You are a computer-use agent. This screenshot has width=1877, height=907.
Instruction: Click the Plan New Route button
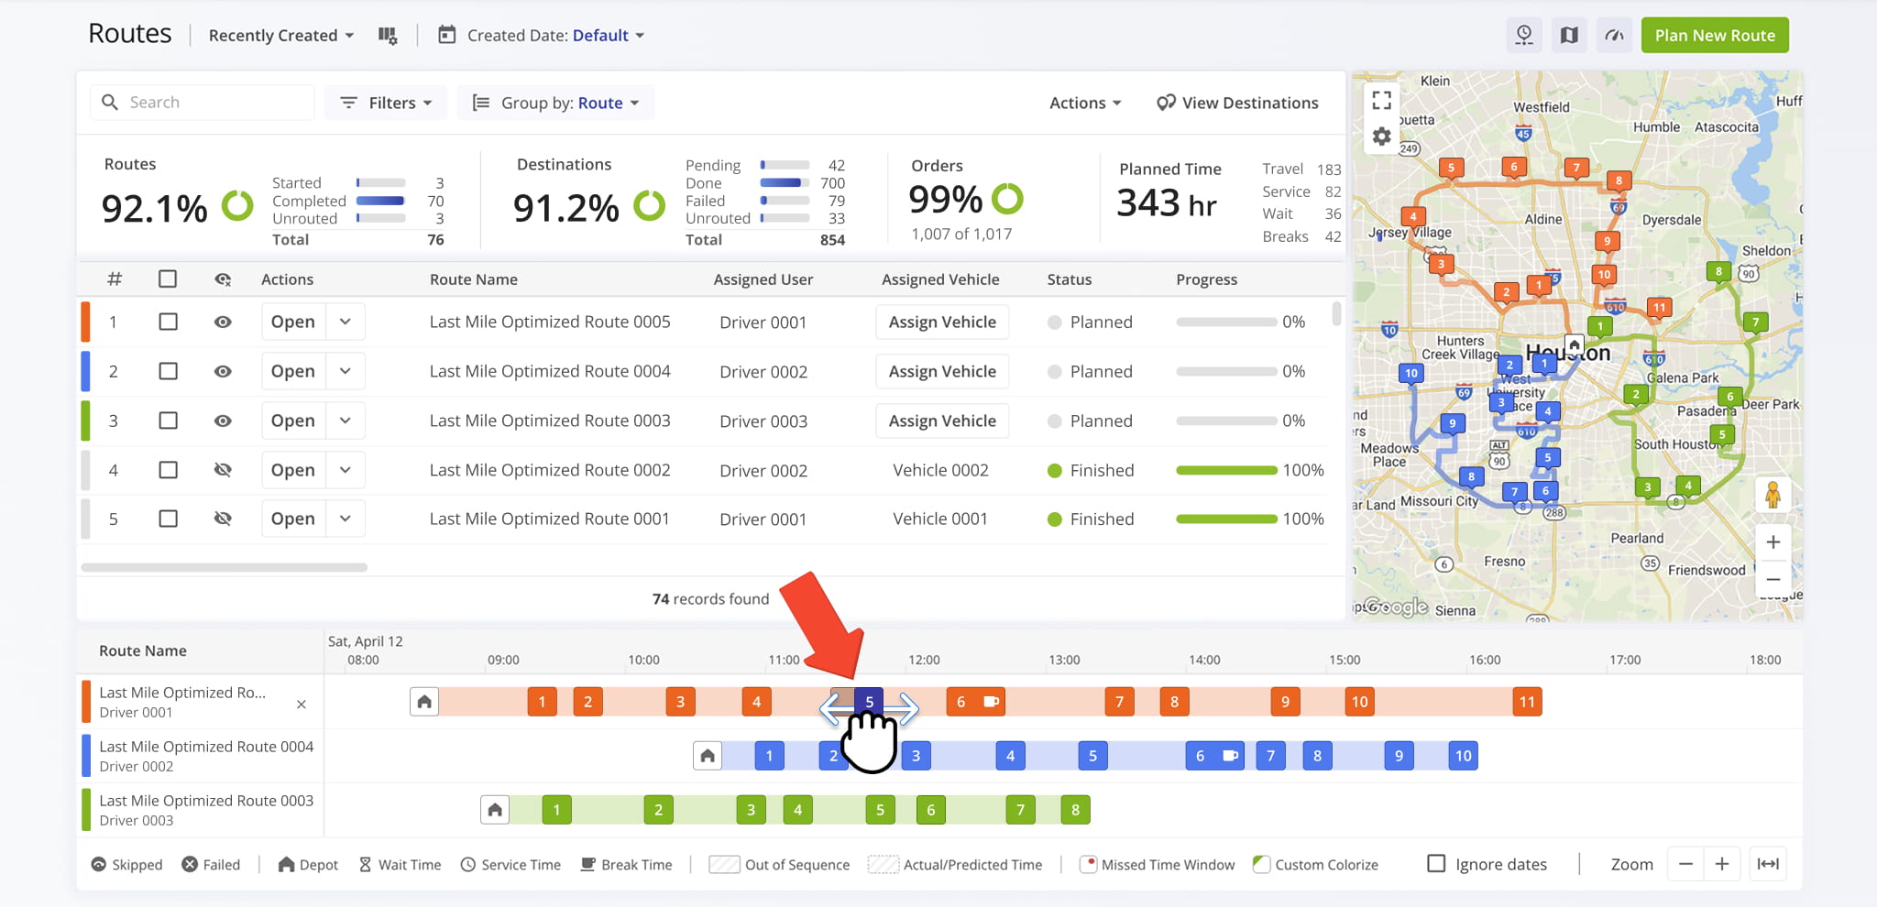(x=1714, y=36)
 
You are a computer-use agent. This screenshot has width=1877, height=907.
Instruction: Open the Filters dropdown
(x=386, y=103)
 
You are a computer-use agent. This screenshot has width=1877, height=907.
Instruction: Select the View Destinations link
(x=1237, y=103)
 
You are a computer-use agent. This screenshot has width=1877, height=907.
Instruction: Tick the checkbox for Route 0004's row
(x=168, y=371)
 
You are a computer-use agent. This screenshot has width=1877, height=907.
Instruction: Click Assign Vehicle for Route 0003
(x=941, y=421)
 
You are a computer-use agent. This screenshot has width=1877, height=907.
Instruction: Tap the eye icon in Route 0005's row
(x=223, y=322)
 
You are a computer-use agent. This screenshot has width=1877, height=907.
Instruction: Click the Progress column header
(x=1206, y=279)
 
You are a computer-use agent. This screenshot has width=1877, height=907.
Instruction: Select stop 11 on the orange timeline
(x=1527, y=702)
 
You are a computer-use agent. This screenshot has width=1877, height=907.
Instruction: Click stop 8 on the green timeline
(x=1075, y=810)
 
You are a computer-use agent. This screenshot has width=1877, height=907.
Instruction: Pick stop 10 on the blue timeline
(x=1463, y=756)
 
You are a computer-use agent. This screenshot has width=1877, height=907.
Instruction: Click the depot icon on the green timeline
(x=495, y=810)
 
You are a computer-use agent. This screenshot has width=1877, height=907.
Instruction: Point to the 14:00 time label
(x=1204, y=660)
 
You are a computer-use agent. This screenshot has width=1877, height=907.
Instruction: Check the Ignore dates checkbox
(x=1436, y=864)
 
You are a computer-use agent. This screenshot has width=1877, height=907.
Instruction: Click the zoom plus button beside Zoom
(x=1722, y=864)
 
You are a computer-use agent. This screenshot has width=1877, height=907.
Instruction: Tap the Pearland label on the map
(x=1637, y=538)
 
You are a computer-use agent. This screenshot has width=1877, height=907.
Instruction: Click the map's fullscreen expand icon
(x=1382, y=100)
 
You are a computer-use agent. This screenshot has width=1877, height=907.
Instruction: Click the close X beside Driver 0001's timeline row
(x=302, y=705)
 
